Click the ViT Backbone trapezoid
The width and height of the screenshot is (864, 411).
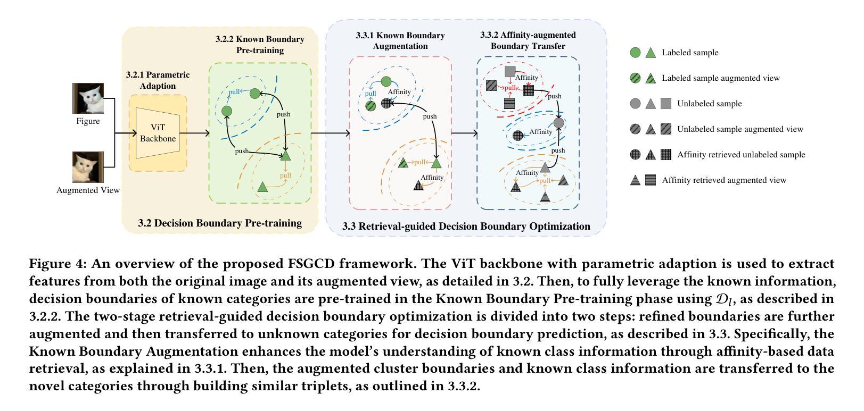158,133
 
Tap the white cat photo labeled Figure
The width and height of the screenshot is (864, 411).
88,98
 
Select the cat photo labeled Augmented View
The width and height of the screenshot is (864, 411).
88,167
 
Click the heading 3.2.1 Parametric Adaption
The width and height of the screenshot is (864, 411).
158,80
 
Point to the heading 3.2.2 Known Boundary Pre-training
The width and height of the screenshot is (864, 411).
260,45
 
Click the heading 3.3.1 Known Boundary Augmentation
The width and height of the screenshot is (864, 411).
400,41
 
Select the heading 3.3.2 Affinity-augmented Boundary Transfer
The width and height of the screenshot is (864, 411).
528,40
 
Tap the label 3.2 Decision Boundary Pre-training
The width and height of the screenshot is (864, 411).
220,223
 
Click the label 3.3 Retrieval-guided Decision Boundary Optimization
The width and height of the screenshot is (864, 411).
466,226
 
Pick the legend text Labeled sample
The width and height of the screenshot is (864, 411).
690,53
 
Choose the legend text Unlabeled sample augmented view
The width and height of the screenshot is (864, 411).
740,129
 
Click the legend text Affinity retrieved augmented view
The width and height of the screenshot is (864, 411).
724,180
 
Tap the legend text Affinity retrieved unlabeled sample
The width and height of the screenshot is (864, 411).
742,155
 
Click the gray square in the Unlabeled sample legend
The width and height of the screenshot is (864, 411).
666,103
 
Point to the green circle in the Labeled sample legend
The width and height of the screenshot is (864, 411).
635,53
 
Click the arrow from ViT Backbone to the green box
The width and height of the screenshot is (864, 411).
195,133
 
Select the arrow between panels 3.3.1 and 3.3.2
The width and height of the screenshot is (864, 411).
464,133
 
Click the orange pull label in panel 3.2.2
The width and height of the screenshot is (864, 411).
285,175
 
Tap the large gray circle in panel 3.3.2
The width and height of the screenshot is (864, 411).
558,123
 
